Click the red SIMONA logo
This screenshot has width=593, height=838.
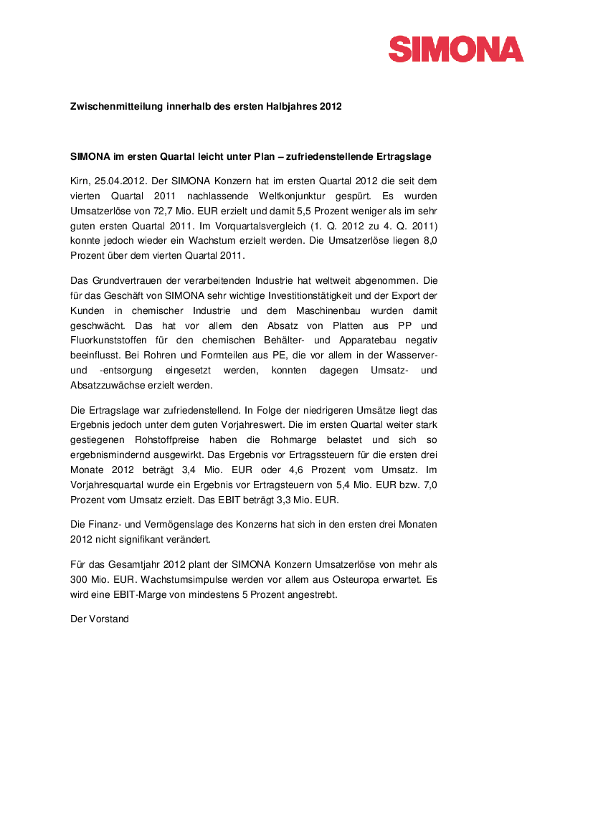point(456,49)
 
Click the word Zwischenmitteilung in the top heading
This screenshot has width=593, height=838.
point(115,107)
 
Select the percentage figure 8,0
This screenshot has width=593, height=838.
point(427,242)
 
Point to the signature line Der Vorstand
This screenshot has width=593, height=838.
point(99,619)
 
